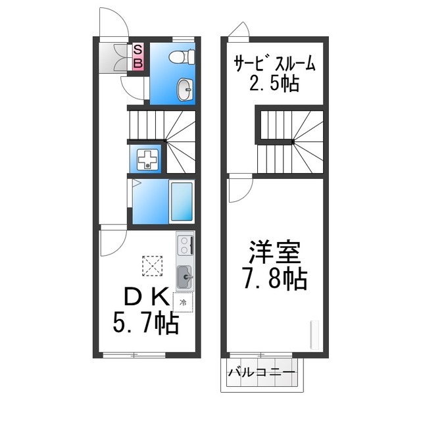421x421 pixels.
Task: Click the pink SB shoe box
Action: tap(138, 56)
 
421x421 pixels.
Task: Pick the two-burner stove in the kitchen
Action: tap(185, 245)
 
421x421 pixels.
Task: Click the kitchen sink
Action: tap(185, 276)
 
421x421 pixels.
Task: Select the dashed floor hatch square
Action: tap(152, 266)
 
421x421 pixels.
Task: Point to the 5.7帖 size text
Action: tap(143, 323)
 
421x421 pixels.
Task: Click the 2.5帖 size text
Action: tap(275, 84)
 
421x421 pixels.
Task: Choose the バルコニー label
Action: tap(261, 374)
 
